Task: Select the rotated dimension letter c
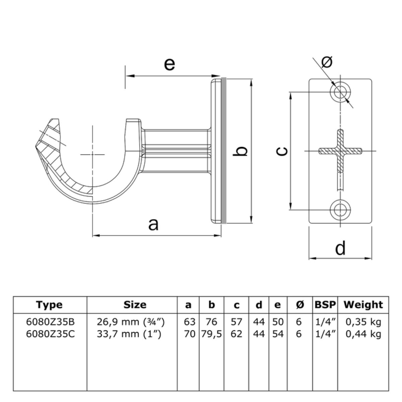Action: point(282,151)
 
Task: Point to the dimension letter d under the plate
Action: point(340,248)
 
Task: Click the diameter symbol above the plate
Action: point(327,62)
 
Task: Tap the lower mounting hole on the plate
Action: point(340,210)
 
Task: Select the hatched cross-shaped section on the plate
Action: point(340,151)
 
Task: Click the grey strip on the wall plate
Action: point(223,151)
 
